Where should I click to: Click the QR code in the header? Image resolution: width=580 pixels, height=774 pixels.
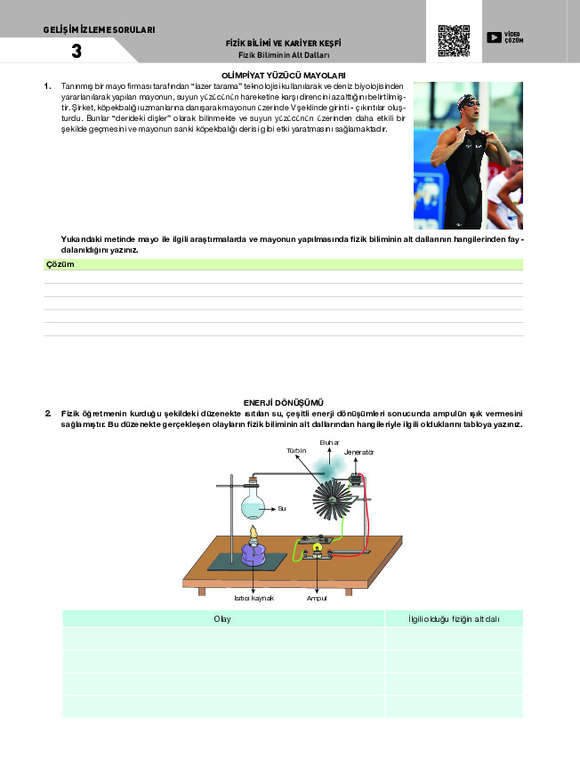[453, 41]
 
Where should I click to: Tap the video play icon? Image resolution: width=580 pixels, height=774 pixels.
[493, 37]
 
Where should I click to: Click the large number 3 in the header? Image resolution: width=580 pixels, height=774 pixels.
[77, 52]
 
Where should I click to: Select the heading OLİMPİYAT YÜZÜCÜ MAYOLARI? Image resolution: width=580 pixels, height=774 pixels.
[283, 76]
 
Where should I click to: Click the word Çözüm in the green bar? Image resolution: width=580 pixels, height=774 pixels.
[59, 264]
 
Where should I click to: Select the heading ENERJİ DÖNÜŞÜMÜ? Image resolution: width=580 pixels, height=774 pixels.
[283, 403]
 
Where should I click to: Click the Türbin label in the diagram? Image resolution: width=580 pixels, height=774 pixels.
[296, 451]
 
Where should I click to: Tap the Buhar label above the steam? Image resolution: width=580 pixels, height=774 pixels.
[330, 442]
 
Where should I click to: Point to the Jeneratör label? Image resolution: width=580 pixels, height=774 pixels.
[359, 453]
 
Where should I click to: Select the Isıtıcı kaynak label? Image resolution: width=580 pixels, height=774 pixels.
[254, 598]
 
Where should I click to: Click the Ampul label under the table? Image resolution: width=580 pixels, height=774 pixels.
[318, 598]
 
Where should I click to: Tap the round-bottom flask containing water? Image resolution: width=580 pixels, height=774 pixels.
[253, 505]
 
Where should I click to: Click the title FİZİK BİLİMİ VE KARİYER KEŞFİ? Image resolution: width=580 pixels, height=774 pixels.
[284, 43]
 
